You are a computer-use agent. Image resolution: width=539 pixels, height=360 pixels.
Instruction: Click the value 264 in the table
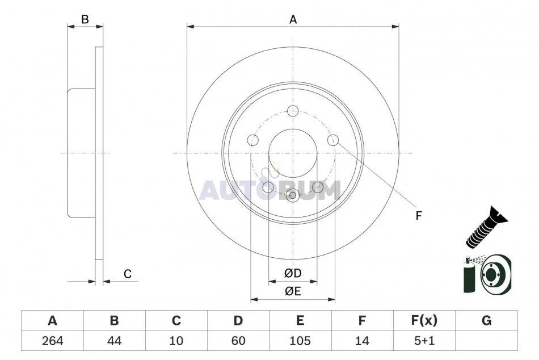(53, 341)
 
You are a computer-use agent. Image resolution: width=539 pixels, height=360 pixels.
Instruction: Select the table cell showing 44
(115, 341)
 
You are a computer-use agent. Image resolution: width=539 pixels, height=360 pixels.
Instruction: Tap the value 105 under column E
(300, 341)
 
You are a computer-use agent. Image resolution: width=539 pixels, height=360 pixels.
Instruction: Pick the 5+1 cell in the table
(424, 341)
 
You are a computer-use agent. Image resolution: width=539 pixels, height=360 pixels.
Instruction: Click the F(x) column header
(424, 320)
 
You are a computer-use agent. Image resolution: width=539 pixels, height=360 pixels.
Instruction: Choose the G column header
(486, 320)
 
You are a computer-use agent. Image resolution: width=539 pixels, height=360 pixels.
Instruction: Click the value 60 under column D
(238, 341)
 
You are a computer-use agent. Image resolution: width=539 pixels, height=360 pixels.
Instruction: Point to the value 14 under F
(362, 341)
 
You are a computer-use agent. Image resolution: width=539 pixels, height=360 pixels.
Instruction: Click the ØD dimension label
(293, 273)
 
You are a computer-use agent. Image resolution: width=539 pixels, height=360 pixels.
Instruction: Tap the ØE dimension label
(293, 291)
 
